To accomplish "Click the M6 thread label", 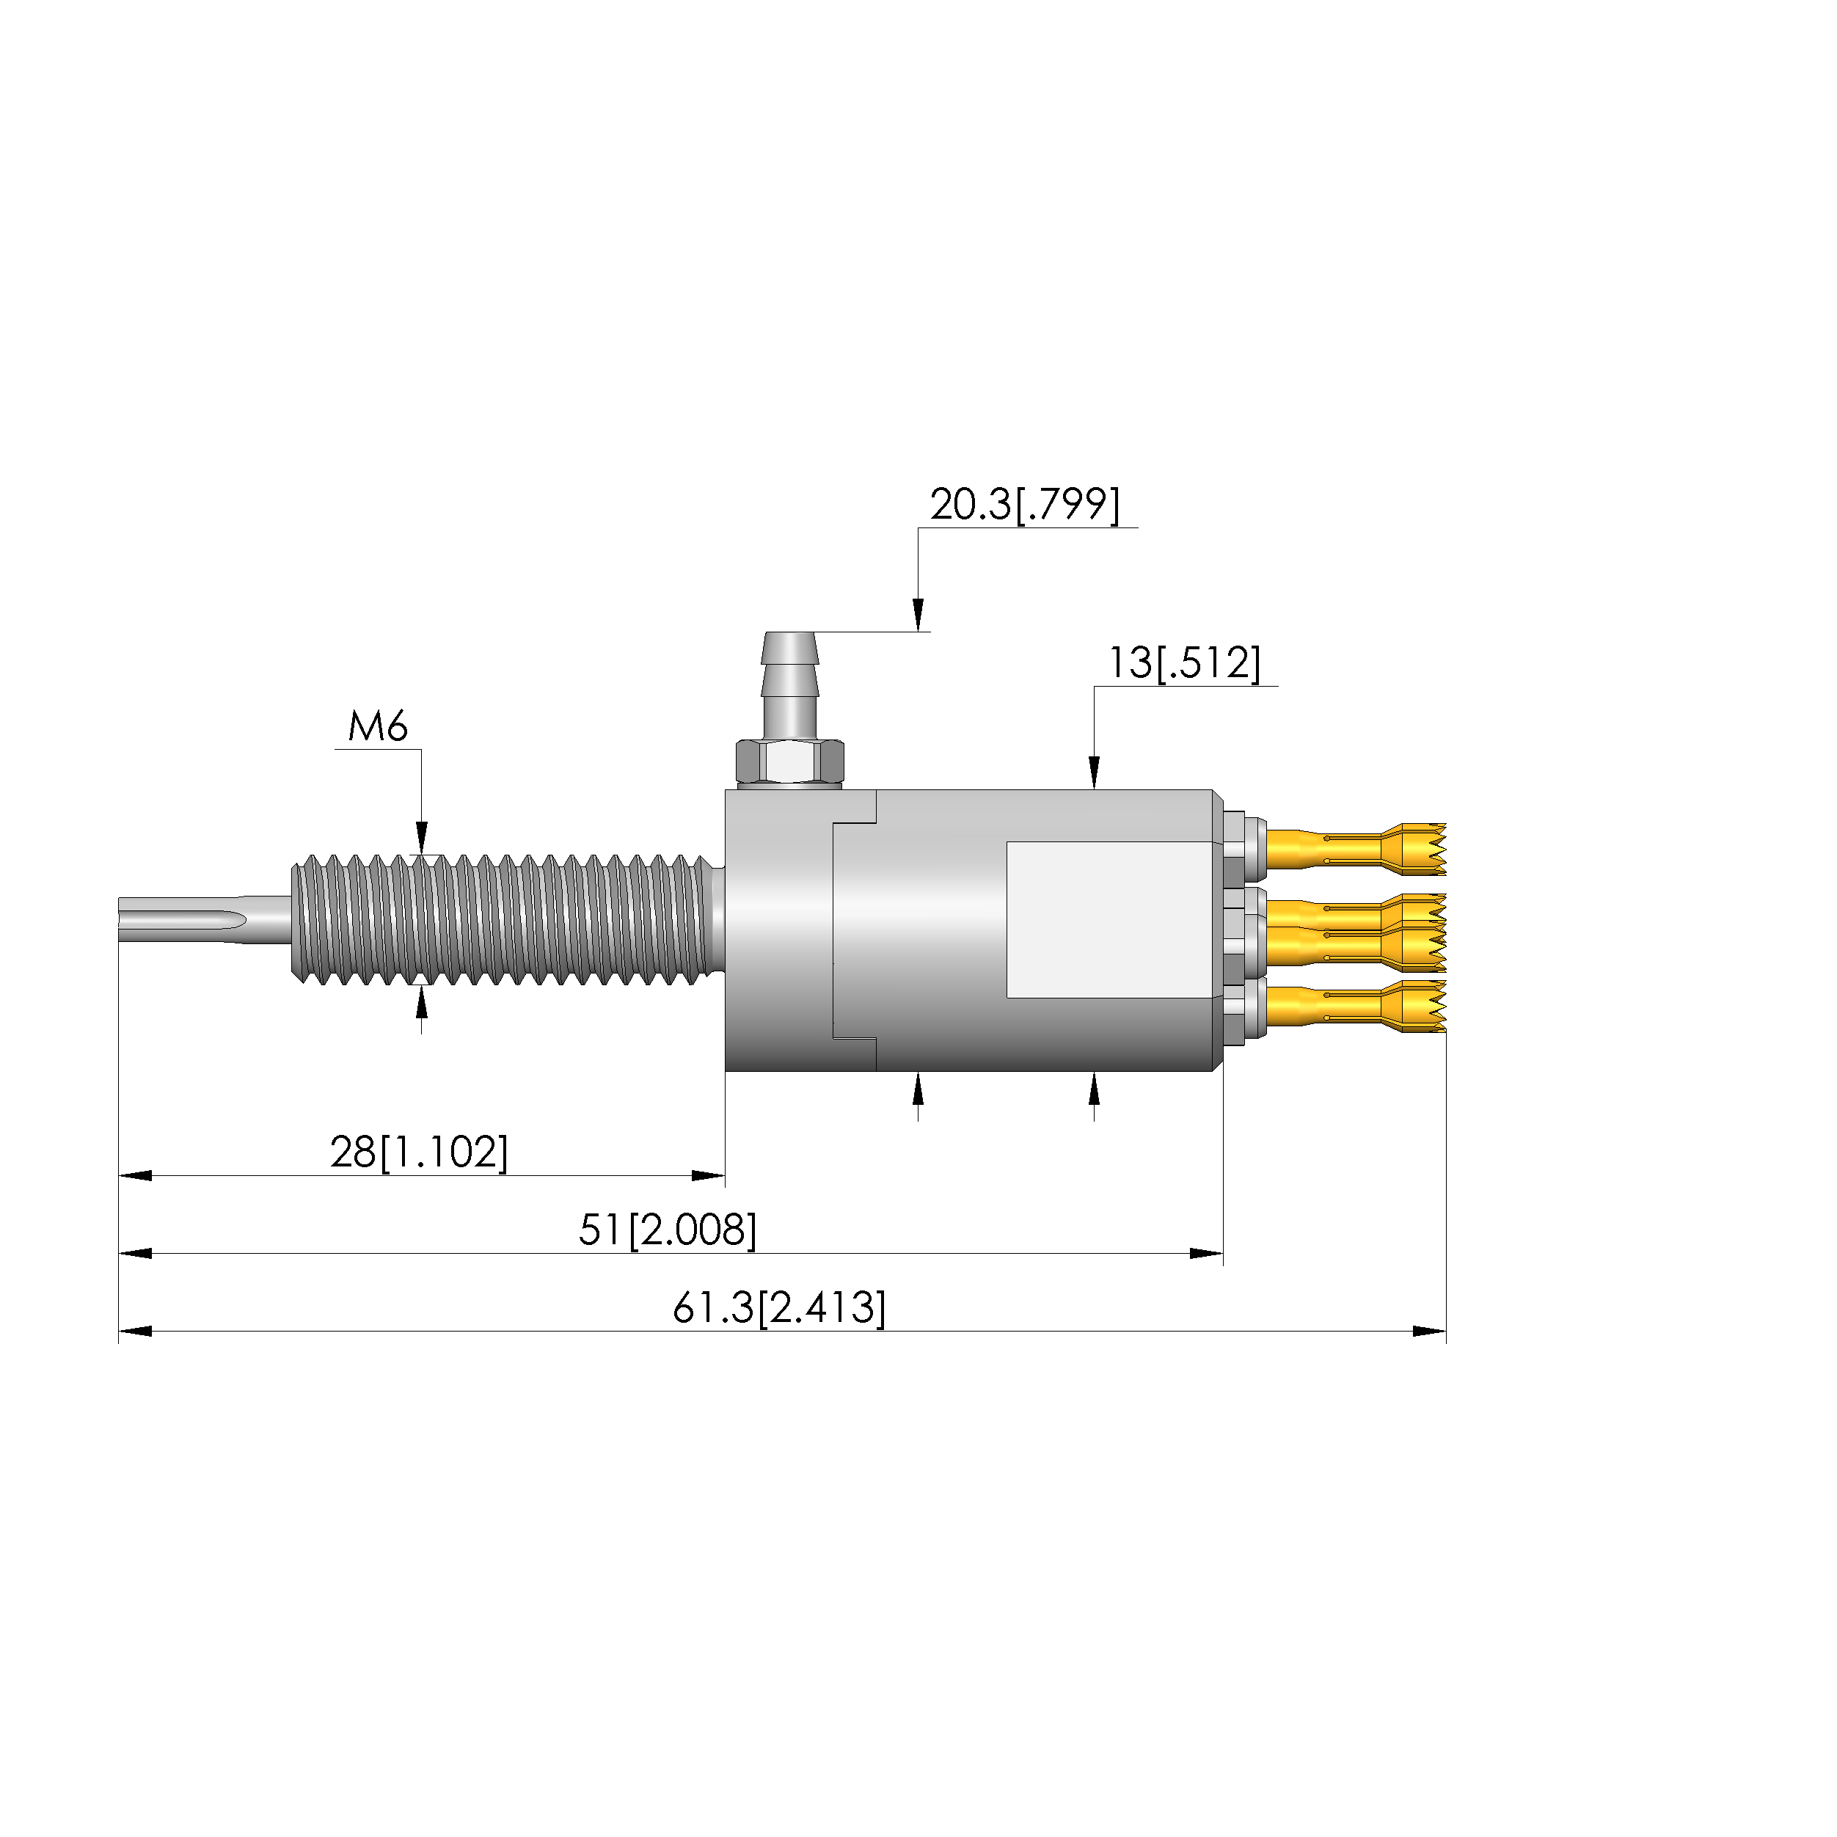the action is (x=378, y=727).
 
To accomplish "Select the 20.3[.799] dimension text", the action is (x=1025, y=504).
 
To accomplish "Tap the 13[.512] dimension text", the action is (x=1185, y=662).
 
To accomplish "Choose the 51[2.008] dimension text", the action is (x=668, y=1230).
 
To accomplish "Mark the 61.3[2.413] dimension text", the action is (x=778, y=1307).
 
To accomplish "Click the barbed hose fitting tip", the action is (x=789, y=649).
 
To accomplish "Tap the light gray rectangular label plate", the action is (x=1111, y=919).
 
